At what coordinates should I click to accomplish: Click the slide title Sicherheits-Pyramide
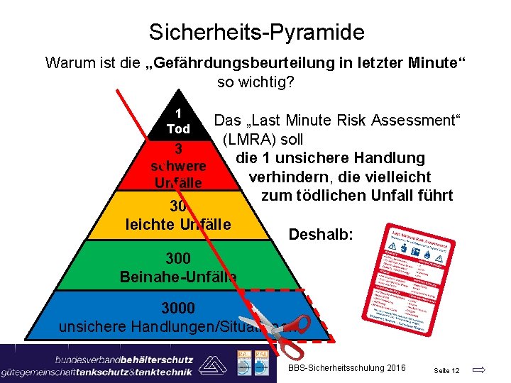coord(256,32)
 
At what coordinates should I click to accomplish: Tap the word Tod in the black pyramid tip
coord(178,129)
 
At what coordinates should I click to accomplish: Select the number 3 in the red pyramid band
coord(180,150)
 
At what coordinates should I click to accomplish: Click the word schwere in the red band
coord(179,167)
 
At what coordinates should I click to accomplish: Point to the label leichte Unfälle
coord(178,225)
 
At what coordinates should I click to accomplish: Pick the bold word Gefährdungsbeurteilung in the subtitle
coord(236,62)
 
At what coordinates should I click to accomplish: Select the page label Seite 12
coord(446,370)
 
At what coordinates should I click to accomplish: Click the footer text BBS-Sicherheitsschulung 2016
coord(347,367)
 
